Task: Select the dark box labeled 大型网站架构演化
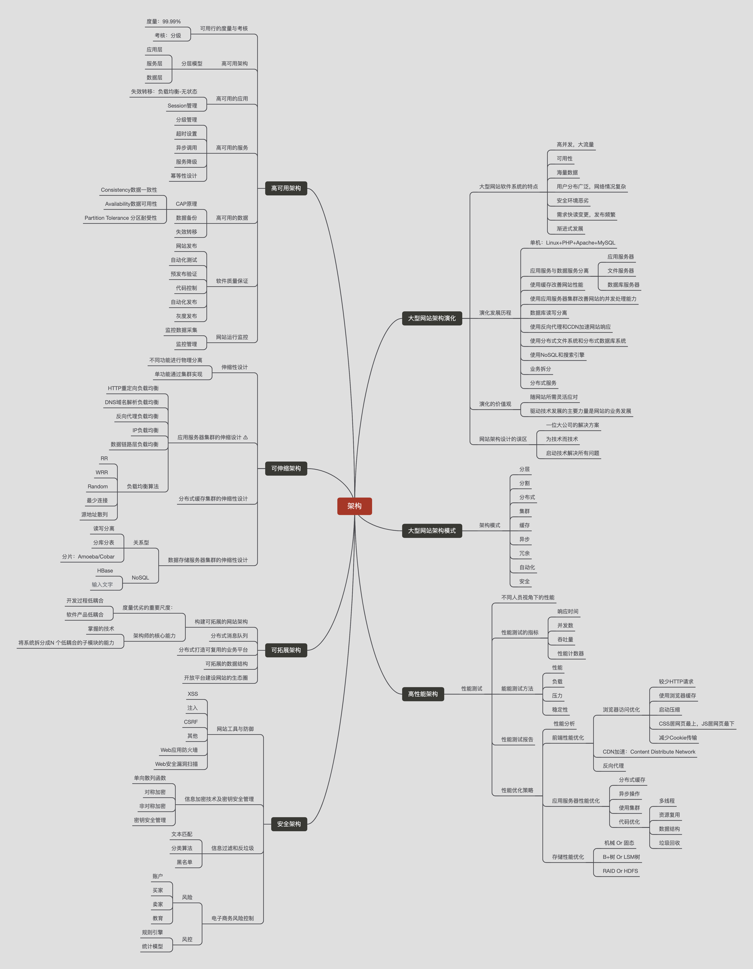coord(432,318)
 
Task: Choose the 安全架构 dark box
coord(289,824)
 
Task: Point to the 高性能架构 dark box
coord(423,694)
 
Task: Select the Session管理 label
coord(182,106)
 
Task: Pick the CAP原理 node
coord(186,204)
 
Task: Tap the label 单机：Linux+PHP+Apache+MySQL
coord(572,243)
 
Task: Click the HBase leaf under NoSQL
coord(105,571)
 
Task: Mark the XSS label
coord(193,694)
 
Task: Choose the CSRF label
coord(191,722)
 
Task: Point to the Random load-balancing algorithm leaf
coord(98,486)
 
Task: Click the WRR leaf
coord(102,472)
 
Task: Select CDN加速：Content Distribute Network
coord(649,752)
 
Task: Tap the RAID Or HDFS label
coord(620,871)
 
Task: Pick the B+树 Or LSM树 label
coord(621,857)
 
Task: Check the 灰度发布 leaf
coord(186,316)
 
